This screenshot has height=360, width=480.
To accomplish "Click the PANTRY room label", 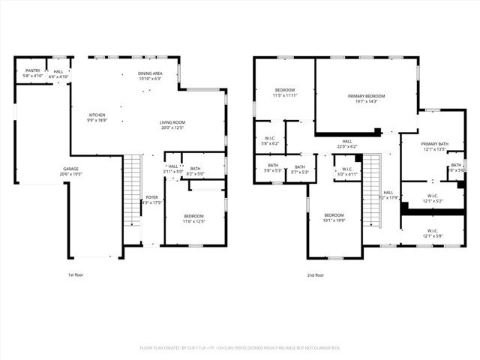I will [31, 73].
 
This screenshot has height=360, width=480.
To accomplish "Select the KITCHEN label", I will [97, 118].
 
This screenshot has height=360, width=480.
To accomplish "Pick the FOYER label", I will [151, 199].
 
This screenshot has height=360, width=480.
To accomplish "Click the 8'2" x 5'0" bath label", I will [195, 172].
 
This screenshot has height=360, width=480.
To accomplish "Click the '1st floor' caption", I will [76, 275].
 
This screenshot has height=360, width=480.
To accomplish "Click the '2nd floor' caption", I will [316, 275].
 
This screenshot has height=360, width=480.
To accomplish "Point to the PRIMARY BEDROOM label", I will [366, 99].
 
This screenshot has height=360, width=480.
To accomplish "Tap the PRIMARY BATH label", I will [433, 146].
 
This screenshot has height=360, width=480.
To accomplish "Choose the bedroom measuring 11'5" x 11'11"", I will [284, 92].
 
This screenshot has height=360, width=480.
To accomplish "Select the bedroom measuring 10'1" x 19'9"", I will [334, 217].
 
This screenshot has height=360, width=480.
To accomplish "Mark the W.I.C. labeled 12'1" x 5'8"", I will [433, 233].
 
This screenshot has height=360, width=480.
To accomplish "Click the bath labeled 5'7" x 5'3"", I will [299, 169].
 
